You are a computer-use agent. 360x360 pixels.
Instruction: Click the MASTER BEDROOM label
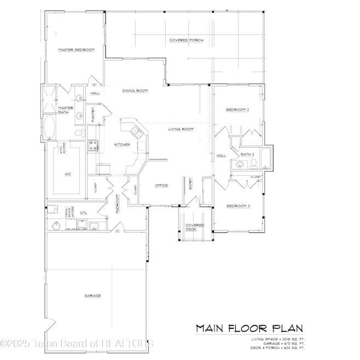(x=76, y=50)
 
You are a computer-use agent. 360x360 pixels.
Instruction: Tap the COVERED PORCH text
(x=186, y=40)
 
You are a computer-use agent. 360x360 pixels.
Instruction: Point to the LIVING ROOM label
(x=181, y=129)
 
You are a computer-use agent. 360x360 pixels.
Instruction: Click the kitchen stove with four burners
(x=92, y=145)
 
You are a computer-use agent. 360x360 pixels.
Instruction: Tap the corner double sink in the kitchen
(x=135, y=131)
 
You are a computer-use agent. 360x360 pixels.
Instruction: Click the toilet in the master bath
(x=78, y=132)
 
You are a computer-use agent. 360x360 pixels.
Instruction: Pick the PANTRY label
(x=94, y=114)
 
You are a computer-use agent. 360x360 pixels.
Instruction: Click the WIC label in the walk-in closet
(x=68, y=174)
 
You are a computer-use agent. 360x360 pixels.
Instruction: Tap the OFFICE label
(x=161, y=185)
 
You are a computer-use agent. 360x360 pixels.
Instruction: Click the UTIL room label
(x=84, y=212)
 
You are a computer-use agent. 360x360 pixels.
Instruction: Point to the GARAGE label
(x=92, y=295)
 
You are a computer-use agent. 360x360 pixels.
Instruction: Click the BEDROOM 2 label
(x=237, y=109)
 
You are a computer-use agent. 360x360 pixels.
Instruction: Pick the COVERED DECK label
(x=194, y=227)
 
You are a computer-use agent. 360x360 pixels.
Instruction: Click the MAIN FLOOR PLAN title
(x=249, y=328)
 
